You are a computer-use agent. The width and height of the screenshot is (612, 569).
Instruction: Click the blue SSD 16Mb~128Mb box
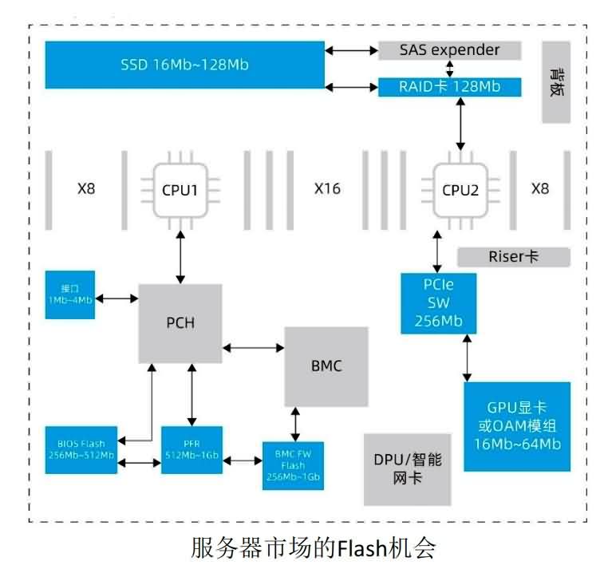click(184, 64)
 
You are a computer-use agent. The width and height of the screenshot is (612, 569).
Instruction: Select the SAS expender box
click(449, 50)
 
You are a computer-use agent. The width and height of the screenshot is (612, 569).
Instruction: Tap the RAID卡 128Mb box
click(449, 87)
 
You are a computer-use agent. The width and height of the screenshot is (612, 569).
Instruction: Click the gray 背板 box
click(556, 83)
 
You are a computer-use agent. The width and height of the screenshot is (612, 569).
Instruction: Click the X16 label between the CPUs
click(327, 189)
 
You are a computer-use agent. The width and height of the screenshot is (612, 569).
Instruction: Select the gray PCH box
click(180, 323)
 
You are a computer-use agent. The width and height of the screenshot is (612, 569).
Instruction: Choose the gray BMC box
click(326, 366)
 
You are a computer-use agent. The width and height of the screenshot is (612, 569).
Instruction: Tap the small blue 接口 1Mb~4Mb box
click(70, 295)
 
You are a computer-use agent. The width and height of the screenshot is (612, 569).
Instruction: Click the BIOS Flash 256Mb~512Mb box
click(80, 451)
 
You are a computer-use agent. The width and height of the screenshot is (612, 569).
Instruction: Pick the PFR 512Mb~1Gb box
click(191, 451)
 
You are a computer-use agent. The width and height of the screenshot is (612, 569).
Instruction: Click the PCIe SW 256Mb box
click(438, 303)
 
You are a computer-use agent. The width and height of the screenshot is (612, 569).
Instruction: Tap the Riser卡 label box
click(514, 257)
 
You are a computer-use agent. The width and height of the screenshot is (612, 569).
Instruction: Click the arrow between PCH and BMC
click(255, 347)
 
